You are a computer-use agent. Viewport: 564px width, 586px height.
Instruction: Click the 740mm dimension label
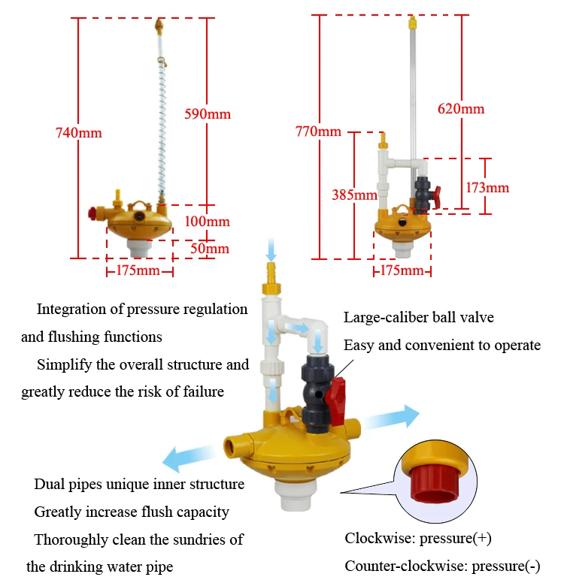[78, 133]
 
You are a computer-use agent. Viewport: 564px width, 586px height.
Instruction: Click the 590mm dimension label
[208, 114]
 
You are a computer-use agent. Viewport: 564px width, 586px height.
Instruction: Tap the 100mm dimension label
[208, 222]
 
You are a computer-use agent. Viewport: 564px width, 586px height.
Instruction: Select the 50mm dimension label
[208, 249]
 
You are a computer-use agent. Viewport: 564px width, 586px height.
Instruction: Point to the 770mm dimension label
[319, 132]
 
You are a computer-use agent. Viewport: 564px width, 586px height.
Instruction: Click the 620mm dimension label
[461, 109]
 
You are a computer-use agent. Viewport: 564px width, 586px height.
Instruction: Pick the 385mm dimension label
[354, 195]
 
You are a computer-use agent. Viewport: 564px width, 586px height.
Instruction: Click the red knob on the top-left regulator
[94, 213]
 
